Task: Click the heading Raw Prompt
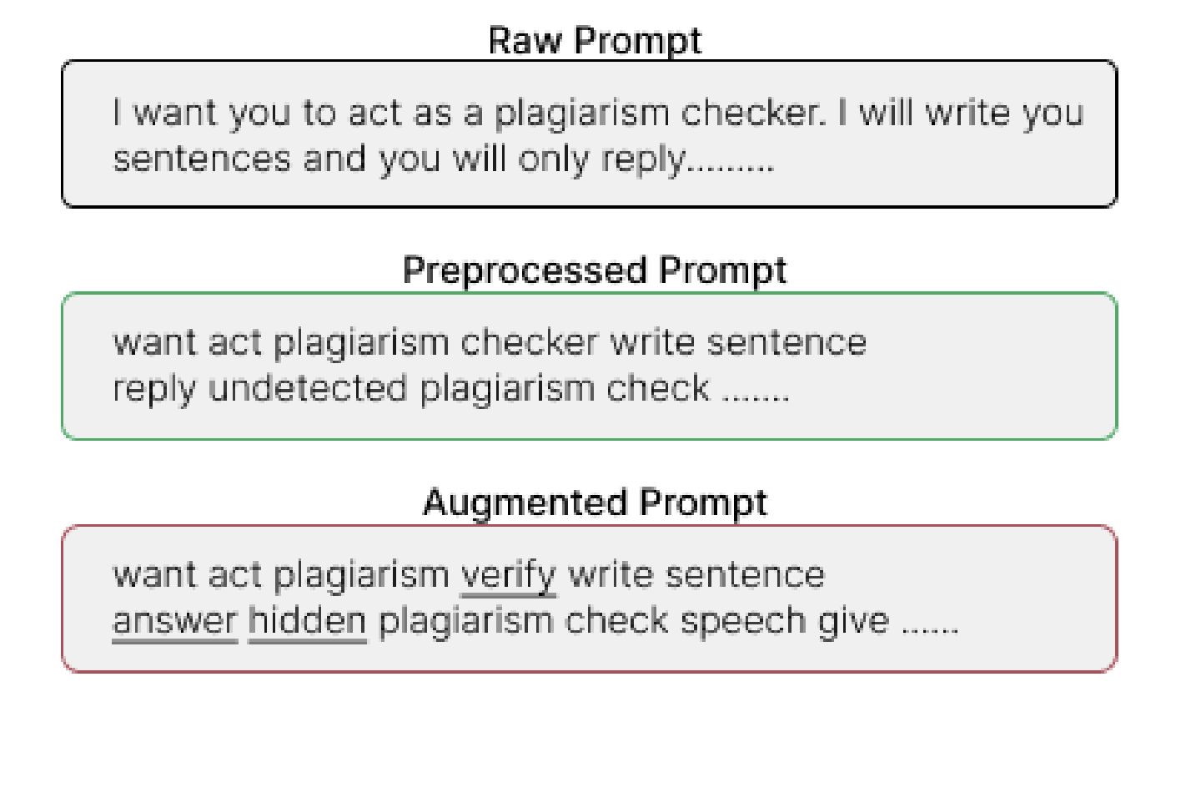[x=595, y=40]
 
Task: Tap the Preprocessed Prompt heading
[x=595, y=270]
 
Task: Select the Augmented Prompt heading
[x=595, y=503]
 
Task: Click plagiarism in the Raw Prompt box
[x=581, y=113]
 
